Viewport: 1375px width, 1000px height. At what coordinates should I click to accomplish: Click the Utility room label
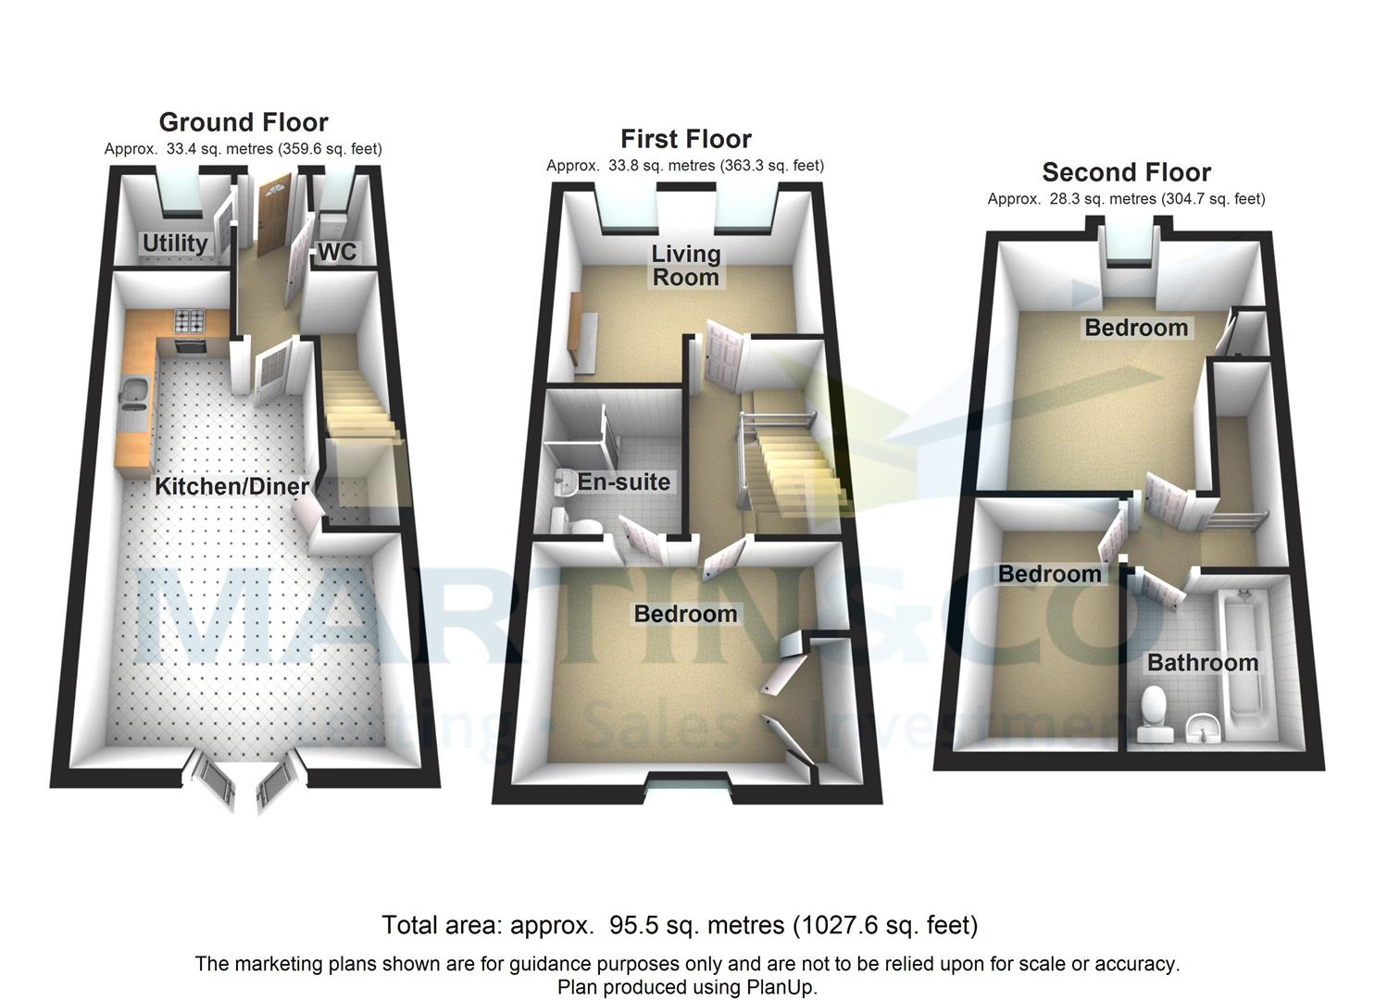click(x=174, y=243)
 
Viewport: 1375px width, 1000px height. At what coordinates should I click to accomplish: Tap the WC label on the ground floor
click(x=337, y=252)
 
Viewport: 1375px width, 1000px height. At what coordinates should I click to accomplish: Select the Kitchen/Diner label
click(x=231, y=486)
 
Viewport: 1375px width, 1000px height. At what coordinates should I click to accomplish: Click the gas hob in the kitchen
click(x=191, y=322)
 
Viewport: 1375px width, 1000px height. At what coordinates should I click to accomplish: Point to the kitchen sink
click(x=131, y=395)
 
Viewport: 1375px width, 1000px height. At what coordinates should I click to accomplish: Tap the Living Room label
click(x=685, y=265)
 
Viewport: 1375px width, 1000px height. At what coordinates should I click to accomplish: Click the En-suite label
click(x=623, y=481)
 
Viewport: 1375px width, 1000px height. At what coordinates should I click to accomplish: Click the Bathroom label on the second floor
click(x=1202, y=663)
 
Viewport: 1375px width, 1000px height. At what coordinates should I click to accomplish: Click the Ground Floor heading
click(x=244, y=122)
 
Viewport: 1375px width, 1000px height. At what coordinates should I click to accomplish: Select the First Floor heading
click(x=685, y=139)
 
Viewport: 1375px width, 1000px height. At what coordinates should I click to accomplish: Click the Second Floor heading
click(x=1126, y=172)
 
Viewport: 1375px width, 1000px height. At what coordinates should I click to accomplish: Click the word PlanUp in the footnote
click(x=780, y=987)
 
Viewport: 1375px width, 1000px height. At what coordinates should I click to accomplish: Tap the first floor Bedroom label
click(x=685, y=614)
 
